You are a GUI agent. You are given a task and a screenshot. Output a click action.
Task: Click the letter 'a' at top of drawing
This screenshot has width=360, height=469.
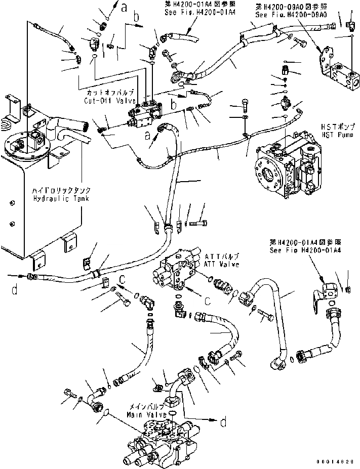click(124, 6)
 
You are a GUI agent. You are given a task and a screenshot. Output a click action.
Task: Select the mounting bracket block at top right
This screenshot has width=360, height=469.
click(342, 76)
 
